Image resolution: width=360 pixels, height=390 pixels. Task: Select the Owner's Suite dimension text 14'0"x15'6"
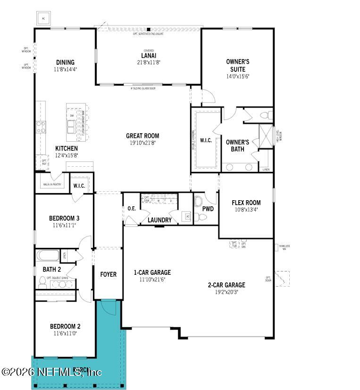(x=237, y=76)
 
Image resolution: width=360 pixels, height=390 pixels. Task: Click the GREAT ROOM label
(x=142, y=136)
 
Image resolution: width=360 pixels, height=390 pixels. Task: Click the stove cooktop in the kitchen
(x=42, y=127)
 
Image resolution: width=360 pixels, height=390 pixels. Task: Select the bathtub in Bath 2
(x=48, y=256)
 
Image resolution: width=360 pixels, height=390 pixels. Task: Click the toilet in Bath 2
(x=42, y=281)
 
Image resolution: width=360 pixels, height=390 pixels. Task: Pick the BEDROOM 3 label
(x=64, y=218)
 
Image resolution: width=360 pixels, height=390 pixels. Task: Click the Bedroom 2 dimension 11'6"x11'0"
(x=65, y=333)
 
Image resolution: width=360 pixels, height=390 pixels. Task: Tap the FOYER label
(x=108, y=274)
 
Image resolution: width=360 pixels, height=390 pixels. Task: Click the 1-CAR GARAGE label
(x=152, y=272)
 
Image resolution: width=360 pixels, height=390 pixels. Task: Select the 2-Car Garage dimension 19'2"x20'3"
(x=226, y=292)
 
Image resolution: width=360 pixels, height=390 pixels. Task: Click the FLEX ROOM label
(x=246, y=203)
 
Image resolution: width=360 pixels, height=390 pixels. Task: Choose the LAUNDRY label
(x=159, y=220)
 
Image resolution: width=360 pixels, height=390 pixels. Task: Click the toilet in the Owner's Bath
(x=266, y=115)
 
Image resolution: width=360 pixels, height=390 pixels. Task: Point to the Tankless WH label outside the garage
(x=284, y=247)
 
